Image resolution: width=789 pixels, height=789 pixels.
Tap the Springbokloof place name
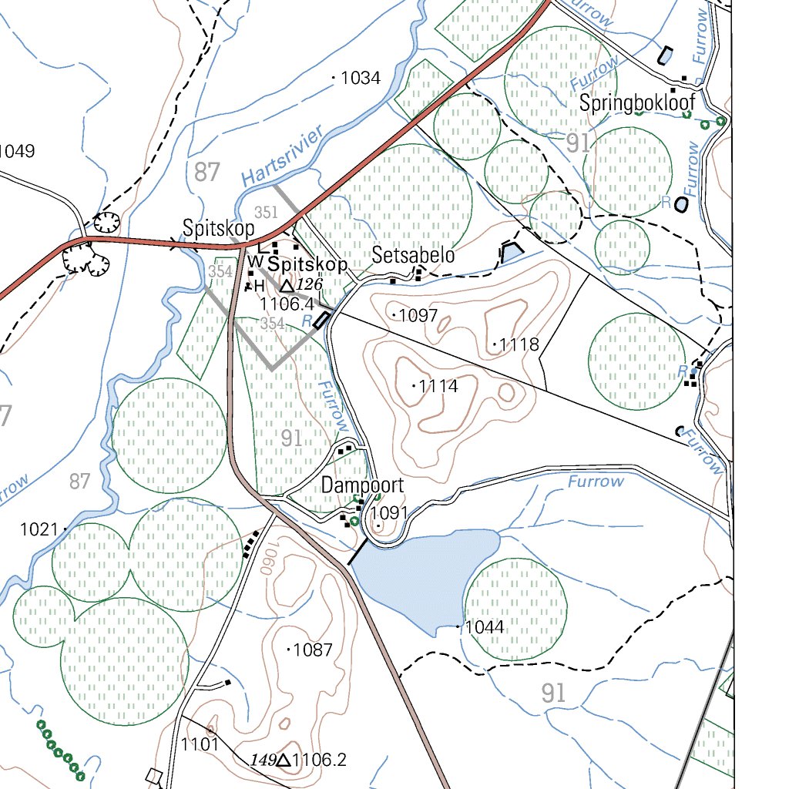[637, 102]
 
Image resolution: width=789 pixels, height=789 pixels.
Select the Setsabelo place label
[413, 256]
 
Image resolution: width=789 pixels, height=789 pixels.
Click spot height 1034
[361, 78]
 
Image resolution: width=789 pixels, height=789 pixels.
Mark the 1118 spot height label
[519, 344]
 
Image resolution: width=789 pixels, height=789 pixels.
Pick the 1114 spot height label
[438, 386]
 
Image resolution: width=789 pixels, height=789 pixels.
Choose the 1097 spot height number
[418, 315]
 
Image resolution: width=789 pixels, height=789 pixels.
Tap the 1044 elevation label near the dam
[485, 627]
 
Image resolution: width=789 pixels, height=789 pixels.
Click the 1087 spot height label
[313, 650]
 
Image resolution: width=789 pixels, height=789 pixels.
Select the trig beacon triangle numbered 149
[283, 760]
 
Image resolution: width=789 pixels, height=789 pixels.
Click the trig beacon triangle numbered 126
[285, 286]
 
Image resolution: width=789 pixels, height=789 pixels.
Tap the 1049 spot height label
[17, 151]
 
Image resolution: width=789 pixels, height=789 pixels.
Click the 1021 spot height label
[39, 529]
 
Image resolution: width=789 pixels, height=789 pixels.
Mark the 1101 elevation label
[200, 744]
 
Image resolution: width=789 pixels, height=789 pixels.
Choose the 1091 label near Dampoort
[389, 513]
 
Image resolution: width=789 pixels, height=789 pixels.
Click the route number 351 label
[266, 213]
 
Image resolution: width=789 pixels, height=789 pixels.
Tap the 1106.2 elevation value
[320, 760]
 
